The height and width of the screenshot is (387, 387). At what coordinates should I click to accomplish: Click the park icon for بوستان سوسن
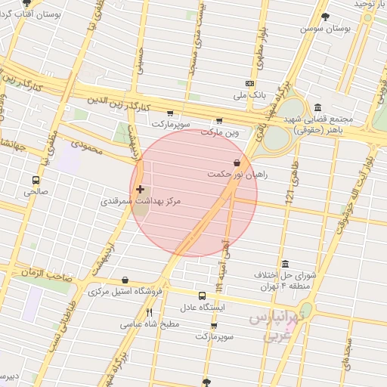[x=325, y=17]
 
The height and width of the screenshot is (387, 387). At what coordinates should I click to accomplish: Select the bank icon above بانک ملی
[x=249, y=83]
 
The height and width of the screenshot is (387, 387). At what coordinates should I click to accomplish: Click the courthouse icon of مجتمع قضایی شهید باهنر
[x=317, y=107]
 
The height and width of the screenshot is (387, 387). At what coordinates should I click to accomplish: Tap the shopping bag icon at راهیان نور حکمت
[x=237, y=162]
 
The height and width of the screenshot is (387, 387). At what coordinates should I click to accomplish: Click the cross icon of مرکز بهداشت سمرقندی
[x=139, y=189]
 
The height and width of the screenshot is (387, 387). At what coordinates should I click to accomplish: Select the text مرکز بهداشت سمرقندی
[x=128, y=203]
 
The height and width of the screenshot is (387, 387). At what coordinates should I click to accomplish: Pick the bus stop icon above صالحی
[x=36, y=180]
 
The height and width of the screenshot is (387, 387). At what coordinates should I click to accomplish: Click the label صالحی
[x=35, y=192]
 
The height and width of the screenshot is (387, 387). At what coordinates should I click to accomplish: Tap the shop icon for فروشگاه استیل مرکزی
[x=125, y=280]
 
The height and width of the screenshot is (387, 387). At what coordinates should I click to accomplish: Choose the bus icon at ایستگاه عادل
[x=202, y=296]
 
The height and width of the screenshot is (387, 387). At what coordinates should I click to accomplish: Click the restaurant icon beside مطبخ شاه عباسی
[x=150, y=312]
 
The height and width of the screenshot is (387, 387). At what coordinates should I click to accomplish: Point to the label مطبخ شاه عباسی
[x=150, y=324]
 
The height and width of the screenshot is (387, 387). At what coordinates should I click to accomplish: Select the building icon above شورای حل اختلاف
[x=285, y=264]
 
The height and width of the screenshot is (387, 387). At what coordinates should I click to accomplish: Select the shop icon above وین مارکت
[x=219, y=120]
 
